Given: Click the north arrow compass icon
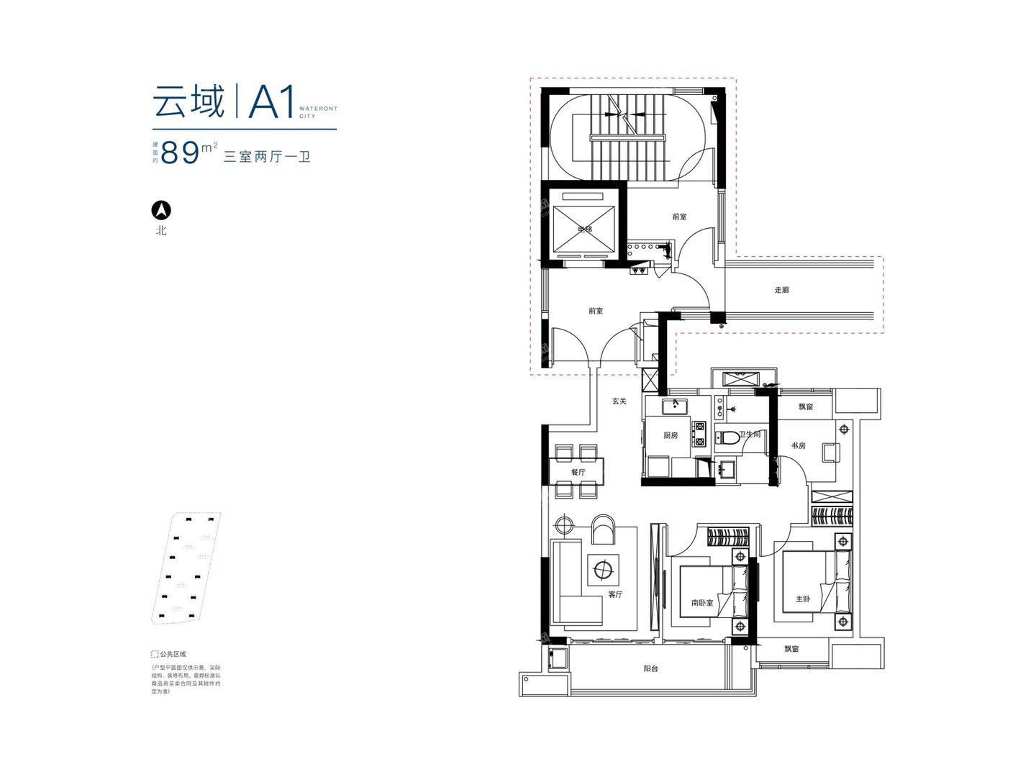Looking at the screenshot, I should (x=161, y=210).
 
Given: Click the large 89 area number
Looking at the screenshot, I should (x=180, y=153).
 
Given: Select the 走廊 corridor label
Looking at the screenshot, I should (x=782, y=291).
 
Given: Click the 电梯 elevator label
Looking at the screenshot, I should (x=584, y=230).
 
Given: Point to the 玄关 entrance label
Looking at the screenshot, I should (x=619, y=401).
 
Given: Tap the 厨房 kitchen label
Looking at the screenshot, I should (x=671, y=435).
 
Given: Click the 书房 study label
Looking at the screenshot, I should (x=798, y=446).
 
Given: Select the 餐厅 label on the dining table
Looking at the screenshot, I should (x=578, y=472).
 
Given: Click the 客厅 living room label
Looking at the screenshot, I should (x=615, y=595).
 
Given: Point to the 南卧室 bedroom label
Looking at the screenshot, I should (x=702, y=603).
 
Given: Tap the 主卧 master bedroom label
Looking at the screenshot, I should (x=802, y=599).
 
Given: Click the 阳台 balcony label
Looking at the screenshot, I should (x=651, y=669).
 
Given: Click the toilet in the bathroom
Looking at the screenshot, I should (x=728, y=437).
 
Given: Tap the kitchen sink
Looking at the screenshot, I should (x=676, y=406).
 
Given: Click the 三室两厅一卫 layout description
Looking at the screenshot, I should (x=267, y=156).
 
